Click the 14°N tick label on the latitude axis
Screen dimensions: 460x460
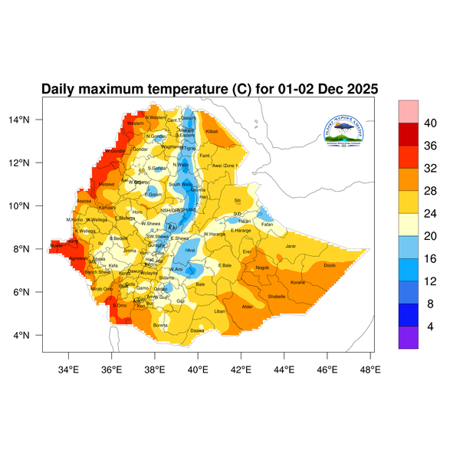click(30, 120)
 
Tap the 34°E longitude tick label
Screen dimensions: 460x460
click(68, 369)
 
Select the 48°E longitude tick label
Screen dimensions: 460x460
click(370, 369)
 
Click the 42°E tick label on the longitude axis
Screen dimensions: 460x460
click(241, 369)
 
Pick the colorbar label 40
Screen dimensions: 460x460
click(430, 123)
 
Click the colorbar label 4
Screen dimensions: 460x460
click(430, 326)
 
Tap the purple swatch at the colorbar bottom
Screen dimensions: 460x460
click(408, 339)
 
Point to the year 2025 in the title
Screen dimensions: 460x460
click(360, 89)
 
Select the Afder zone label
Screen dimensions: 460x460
click(247, 307)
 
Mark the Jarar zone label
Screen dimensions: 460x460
click(290, 246)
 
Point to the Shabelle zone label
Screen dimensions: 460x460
click(276, 296)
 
